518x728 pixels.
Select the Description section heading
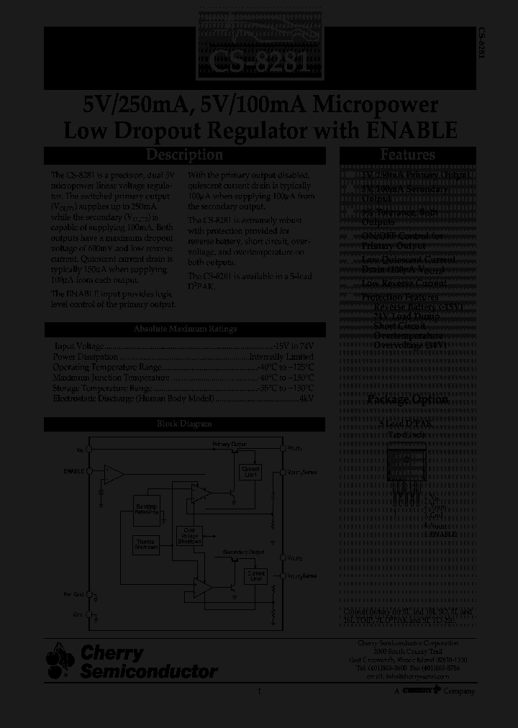pyautogui.click(x=185, y=155)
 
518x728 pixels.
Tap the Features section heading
pyautogui.click(x=407, y=155)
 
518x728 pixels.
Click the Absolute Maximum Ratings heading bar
pyautogui.click(x=185, y=329)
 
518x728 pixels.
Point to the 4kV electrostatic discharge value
pyautogui.click(x=306, y=398)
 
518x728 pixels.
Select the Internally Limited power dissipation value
pyautogui.click(x=281, y=356)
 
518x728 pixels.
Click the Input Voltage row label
pyautogui.click(x=79, y=346)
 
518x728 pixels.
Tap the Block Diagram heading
pyautogui.click(x=185, y=424)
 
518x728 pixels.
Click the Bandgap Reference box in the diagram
pyautogui.click(x=147, y=509)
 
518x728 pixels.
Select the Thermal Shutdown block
pyautogui.click(x=147, y=545)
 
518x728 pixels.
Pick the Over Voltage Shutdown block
pyautogui.click(x=190, y=537)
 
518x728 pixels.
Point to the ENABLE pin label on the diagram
pyautogui.click(x=73, y=471)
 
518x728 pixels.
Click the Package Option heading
pyautogui.click(x=407, y=400)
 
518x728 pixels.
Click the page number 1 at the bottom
pyautogui.click(x=258, y=691)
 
